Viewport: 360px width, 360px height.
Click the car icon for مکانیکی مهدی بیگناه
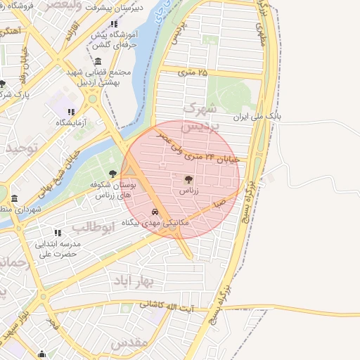click(x=155, y=212)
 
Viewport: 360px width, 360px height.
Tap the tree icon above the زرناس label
click(x=188, y=179)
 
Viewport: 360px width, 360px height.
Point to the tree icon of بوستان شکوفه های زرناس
click(x=112, y=174)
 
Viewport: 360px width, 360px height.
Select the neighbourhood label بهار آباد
click(x=132, y=281)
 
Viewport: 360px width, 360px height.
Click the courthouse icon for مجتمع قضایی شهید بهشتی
click(x=97, y=61)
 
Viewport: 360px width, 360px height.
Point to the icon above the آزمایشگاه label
click(x=70, y=111)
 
